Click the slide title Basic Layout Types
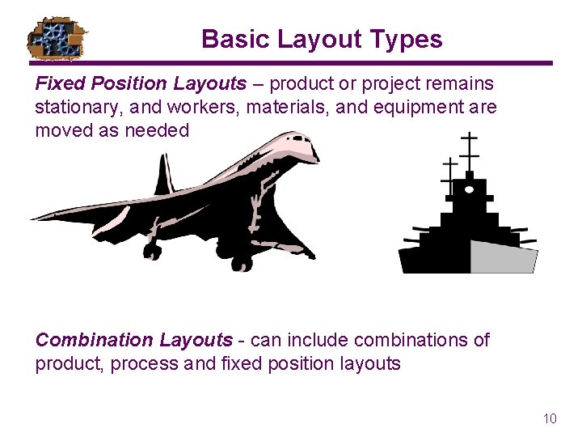pos(322,39)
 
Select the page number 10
pos(550,418)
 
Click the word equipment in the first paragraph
pos(421,107)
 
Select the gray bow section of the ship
pos(503,257)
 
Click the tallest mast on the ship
pos(468,154)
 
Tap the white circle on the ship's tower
pos(469,189)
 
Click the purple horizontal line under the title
pos(291,63)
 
